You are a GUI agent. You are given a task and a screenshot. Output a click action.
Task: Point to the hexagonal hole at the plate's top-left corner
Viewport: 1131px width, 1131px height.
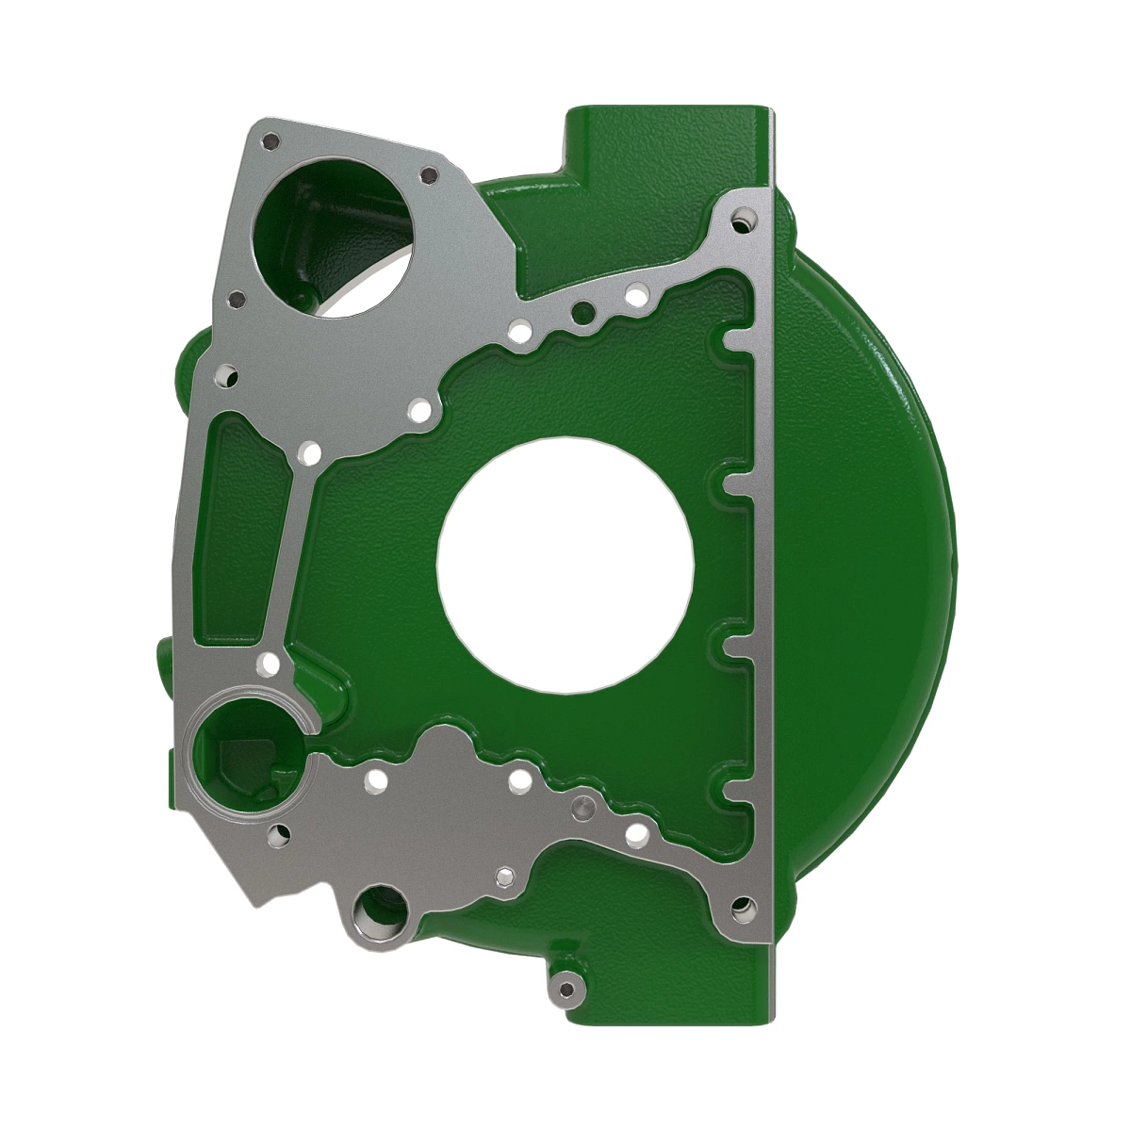tap(271, 141)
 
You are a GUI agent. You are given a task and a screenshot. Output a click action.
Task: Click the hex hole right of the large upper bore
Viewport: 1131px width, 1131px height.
tap(429, 175)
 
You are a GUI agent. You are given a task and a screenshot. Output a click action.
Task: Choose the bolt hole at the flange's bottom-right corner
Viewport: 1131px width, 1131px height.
tap(743, 909)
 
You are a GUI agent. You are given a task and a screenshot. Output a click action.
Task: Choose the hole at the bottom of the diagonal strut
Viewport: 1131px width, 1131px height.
tap(270, 665)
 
